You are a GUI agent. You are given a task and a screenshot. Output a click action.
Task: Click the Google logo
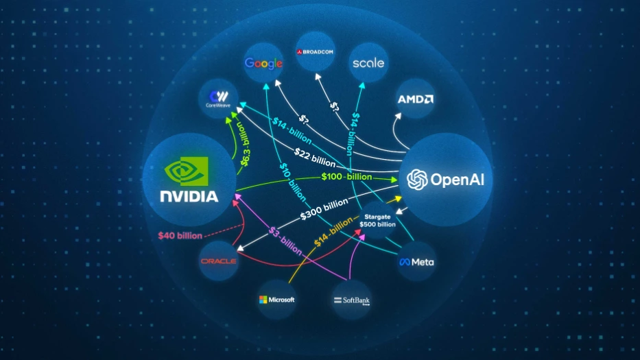[x=264, y=64]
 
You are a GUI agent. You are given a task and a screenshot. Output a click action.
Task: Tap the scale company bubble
[x=368, y=63]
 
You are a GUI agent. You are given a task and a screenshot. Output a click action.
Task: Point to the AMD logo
[x=416, y=99]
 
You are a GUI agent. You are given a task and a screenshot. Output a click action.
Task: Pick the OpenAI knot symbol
[x=417, y=180]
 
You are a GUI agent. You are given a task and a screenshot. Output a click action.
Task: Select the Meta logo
[x=416, y=262]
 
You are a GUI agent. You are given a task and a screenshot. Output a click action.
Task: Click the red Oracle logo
[x=218, y=261]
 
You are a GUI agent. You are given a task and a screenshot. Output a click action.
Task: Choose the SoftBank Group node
[x=351, y=300]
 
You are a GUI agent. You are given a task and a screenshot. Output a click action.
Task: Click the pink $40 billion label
[x=180, y=236]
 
